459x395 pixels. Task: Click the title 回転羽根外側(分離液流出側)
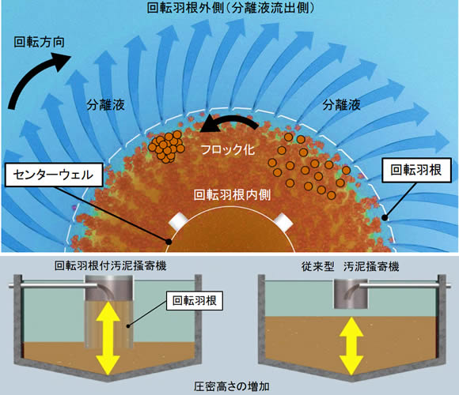(231, 8)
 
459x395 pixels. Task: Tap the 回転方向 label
(40, 43)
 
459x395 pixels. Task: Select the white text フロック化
(228, 150)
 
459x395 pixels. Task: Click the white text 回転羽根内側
(233, 195)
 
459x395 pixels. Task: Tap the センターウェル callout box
(54, 175)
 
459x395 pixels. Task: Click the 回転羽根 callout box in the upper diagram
(416, 170)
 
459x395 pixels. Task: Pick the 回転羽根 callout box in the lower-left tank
(195, 301)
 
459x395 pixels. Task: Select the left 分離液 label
(106, 105)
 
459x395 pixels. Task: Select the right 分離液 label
(341, 104)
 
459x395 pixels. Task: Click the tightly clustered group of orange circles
(166, 147)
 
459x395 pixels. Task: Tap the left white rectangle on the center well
(180, 221)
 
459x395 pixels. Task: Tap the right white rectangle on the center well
(283, 222)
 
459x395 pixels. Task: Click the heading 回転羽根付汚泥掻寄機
(111, 266)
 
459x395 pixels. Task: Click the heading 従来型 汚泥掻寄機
(351, 266)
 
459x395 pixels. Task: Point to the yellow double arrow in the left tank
(108, 339)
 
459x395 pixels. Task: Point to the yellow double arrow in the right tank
(351, 346)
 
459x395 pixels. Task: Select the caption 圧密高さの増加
(232, 386)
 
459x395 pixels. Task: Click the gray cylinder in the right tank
(351, 294)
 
